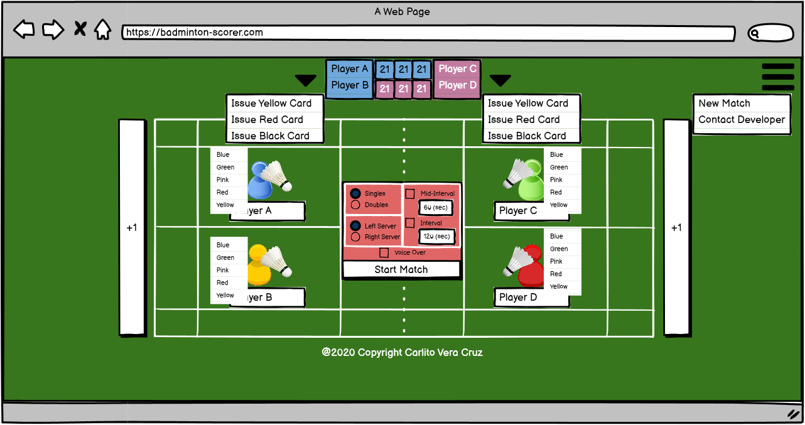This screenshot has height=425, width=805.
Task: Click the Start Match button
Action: pyautogui.click(x=401, y=270)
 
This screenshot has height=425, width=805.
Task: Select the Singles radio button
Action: pyautogui.click(x=355, y=193)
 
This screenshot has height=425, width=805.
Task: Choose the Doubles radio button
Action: pyautogui.click(x=355, y=205)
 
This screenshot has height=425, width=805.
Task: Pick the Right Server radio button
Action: pyautogui.click(x=355, y=237)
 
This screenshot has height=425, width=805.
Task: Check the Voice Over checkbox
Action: pyautogui.click(x=384, y=252)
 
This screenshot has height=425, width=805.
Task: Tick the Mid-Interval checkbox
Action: pyautogui.click(x=410, y=193)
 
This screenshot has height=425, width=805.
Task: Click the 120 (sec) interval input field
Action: pyautogui.click(x=436, y=237)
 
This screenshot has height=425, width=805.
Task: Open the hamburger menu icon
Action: pyautogui.click(x=777, y=77)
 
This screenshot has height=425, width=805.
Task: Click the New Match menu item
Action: pyautogui.click(x=724, y=104)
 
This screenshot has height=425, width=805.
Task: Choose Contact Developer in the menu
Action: pyautogui.click(x=742, y=120)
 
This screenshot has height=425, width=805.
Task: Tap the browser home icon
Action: pyautogui.click(x=102, y=30)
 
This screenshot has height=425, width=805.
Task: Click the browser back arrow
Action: pyautogui.click(x=24, y=30)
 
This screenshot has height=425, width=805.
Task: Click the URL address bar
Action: pyautogui.click(x=427, y=33)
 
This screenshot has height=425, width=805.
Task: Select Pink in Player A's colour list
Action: pyautogui.click(x=223, y=180)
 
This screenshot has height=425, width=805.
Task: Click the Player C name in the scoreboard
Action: pyautogui.click(x=457, y=69)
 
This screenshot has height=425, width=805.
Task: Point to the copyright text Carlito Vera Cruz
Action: pyautogui.click(x=402, y=353)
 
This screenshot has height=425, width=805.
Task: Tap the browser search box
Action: pyautogui.click(x=770, y=33)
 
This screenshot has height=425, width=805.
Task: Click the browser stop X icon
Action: pyautogui.click(x=80, y=29)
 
